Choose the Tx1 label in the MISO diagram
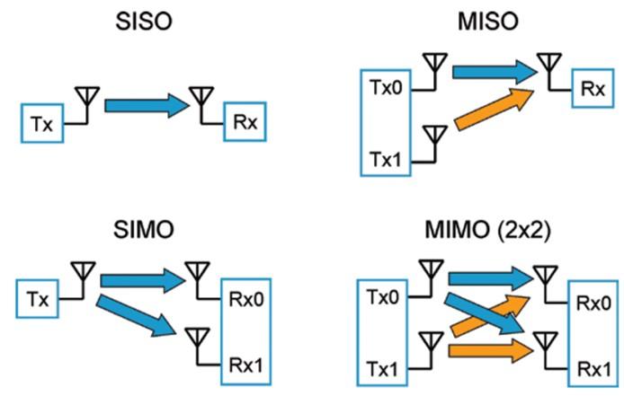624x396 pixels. [x=387, y=160]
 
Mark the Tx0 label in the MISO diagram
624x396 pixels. [x=387, y=90]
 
